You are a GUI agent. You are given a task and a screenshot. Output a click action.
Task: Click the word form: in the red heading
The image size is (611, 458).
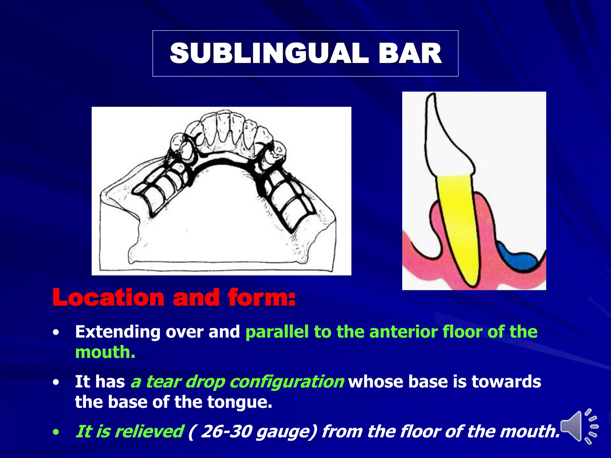[x=261, y=298]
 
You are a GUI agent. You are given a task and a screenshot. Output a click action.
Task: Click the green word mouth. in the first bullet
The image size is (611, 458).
[x=105, y=352]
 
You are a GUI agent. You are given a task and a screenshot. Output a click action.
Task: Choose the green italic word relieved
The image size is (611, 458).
[x=153, y=431]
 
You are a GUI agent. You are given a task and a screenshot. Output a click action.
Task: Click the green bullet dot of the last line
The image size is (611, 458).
[x=56, y=432]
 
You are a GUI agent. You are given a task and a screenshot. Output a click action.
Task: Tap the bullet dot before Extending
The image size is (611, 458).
[x=56, y=333]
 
